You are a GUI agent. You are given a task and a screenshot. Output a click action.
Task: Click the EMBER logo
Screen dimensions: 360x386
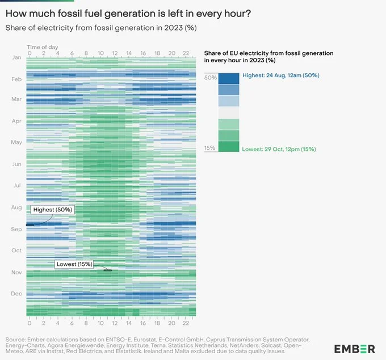[x=354, y=348]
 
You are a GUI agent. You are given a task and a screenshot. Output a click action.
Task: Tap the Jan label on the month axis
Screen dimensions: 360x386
[x=16, y=57]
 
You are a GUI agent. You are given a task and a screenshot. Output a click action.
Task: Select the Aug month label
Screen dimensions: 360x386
[x=16, y=207]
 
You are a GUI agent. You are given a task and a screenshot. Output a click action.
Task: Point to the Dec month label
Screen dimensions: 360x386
[x=16, y=293]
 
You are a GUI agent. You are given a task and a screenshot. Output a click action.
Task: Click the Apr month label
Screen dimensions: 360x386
[x=16, y=121]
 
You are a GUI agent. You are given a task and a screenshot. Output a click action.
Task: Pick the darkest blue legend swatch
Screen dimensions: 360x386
[x=229, y=78]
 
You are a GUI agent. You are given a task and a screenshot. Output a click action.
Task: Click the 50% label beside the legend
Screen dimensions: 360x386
[x=210, y=77]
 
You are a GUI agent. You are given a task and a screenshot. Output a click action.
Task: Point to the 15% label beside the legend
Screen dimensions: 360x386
[x=210, y=149]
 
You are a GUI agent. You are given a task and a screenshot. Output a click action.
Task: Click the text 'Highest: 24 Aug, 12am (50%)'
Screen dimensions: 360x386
[x=280, y=75]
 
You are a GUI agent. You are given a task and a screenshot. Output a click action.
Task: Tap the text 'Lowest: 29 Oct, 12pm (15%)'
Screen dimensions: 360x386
[x=279, y=149]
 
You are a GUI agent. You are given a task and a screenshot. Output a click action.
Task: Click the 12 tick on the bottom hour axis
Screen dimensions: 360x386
[x=115, y=323]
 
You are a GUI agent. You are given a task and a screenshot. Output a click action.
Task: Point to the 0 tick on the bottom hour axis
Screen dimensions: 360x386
[x=29, y=323]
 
